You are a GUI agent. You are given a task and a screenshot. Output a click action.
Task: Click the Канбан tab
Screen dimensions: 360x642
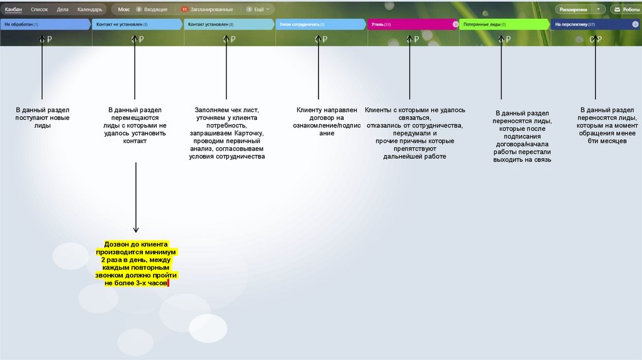[13, 9]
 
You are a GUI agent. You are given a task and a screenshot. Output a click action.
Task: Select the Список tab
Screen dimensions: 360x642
[39, 9]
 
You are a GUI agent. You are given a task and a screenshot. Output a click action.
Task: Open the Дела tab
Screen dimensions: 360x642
[62, 9]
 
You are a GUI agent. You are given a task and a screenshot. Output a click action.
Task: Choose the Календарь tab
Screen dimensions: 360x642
[90, 9]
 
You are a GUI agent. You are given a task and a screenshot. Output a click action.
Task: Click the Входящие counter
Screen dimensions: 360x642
[152, 9]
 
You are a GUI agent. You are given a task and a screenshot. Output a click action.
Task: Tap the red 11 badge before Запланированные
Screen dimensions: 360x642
[184, 9]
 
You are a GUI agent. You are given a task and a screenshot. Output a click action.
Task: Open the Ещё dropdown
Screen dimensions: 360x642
[260, 9]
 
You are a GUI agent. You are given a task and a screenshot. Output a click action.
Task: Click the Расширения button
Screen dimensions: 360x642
[574, 9]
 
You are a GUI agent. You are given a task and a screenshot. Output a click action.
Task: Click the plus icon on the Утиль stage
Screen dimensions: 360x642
[456, 24]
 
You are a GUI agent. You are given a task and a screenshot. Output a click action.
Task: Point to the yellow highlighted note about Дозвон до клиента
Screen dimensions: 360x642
[137, 263]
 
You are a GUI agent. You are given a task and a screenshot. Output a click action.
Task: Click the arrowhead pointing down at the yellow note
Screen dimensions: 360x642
[135, 229]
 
